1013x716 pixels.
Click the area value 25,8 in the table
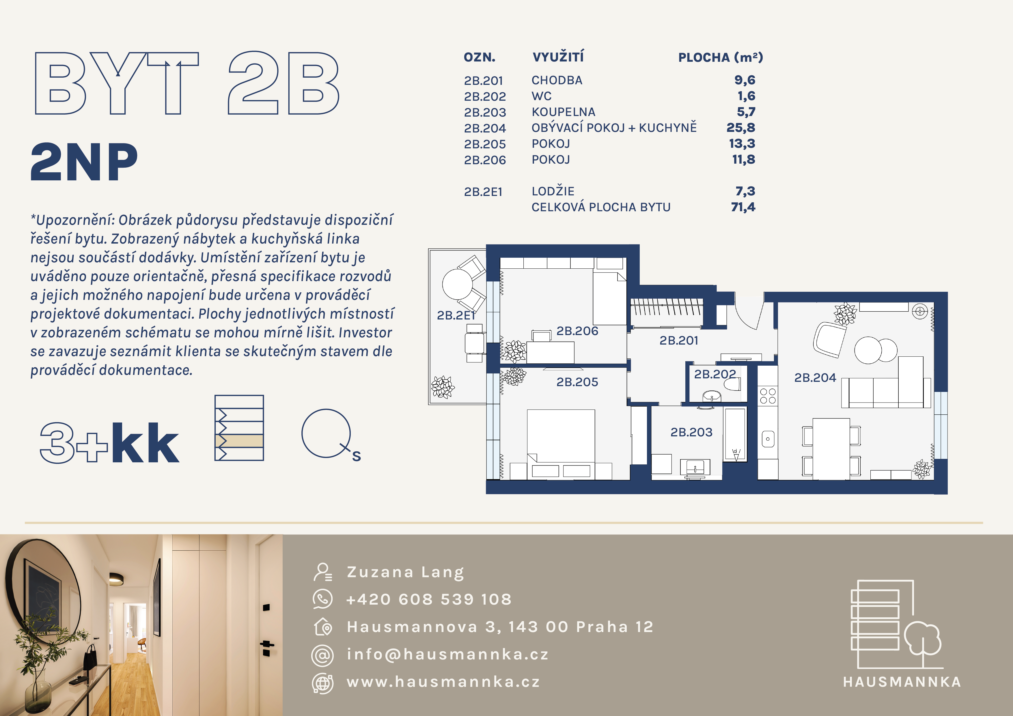tap(741, 128)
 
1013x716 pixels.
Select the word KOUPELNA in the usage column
tap(564, 112)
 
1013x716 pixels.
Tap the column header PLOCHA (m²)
tap(721, 57)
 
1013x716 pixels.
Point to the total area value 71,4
tap(743, 207)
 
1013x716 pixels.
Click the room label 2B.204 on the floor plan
tap(815, 378)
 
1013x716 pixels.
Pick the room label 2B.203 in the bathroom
tap(691, 432)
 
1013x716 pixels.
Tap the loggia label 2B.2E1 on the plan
tap(456, 315)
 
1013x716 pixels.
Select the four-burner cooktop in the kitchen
tap(768, 396)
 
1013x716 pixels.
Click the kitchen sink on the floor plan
tap(768, 439)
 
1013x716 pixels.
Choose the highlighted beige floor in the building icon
tap(239, 441)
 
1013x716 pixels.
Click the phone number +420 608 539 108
tap(429, 599)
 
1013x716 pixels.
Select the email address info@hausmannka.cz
tap(447, 654)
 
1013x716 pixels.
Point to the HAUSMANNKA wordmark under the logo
tap(902, 682)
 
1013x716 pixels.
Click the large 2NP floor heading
tap(84, 162)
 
